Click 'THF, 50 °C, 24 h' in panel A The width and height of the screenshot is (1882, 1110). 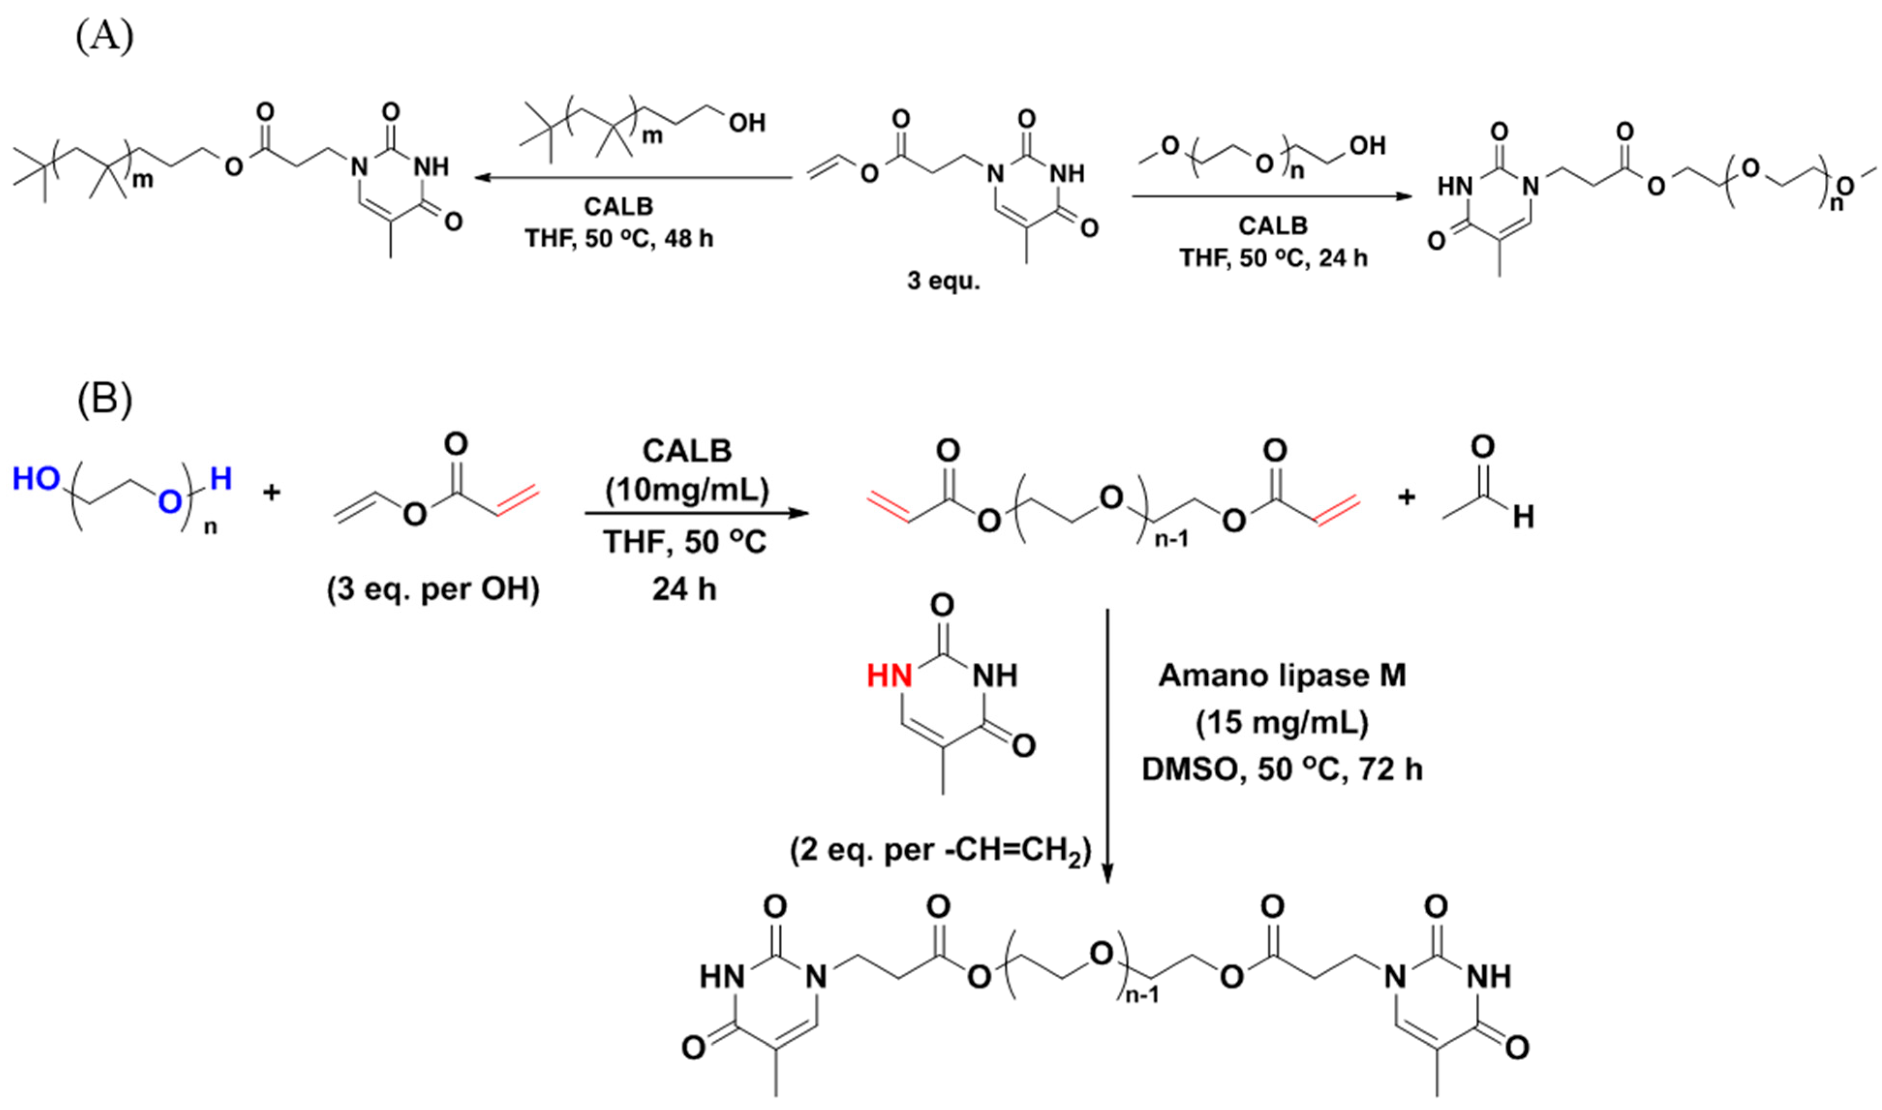click(1274, 258)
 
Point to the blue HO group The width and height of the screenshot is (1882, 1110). click(36, 479)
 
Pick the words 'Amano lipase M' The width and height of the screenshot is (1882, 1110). click(1282, 675)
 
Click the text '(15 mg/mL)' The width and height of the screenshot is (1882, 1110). click(1282, 723)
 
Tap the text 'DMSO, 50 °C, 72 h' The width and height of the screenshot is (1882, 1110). click(1282, 770)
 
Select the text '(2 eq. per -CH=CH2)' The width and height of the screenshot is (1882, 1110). click(940, 851)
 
